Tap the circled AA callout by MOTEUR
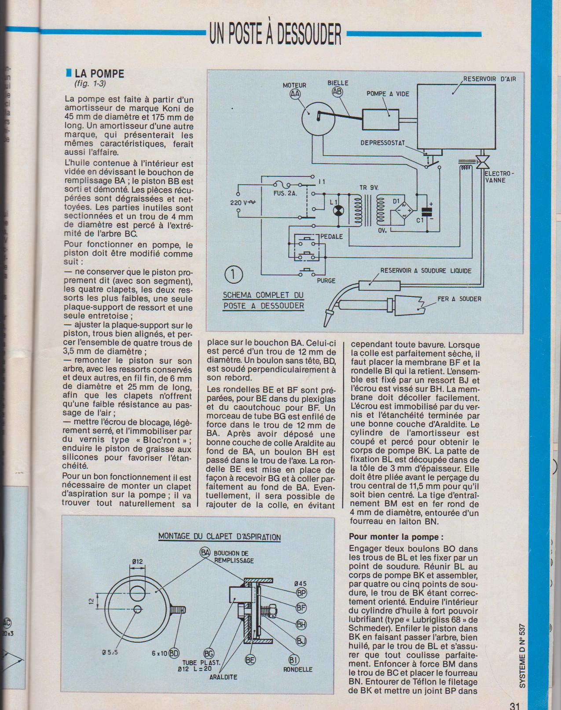tap(294, 94)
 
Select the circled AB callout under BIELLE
tap(337, 92)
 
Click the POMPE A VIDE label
tap(388, 94)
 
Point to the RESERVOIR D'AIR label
tap(489, 79)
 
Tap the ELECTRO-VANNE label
tap(499, 177)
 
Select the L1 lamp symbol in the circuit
tap(337, 212)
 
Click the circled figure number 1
tap(233, 274)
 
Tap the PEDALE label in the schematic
tap(331, 236)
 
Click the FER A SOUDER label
tap(459, 299)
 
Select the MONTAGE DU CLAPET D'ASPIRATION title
tap(219, 537)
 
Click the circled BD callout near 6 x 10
tap(174, 653)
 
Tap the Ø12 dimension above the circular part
tap(137, 561)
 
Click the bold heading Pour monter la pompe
tap(396, 537)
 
